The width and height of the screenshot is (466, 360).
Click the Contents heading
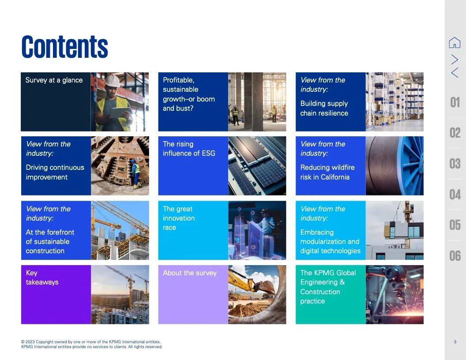pyautogui.click(x=65, y=47)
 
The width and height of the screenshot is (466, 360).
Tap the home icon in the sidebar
pyautogui.click(x=455, y=42)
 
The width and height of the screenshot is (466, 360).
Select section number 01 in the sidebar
pyautogui.click(x=455, y=102)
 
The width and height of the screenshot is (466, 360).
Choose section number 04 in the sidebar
pyautogui.click(x=455, y=195)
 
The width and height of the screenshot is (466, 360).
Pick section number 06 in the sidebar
pyautogui.click(x=455, y=256)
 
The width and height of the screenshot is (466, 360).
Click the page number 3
pyautogui.click(x=455, y=342)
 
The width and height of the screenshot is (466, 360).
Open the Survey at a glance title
pyautogui.click(x=54, y=80)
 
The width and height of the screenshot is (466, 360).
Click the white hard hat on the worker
pyautogui.click(x=113, y=80)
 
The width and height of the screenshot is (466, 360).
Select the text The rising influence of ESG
pyautogui.click(x=189, y=149)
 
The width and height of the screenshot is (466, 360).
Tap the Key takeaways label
pyautogui.click(x=42, y=277)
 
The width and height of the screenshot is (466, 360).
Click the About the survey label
pyautogui.click(x=190, y=273)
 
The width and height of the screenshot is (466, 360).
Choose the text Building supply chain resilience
pyautogui.click(x=324, y=108)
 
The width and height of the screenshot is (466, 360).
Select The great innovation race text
pyautogui.click(x=179, y=218)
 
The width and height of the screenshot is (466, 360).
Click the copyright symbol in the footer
pyautogui.click(x=23, y=342)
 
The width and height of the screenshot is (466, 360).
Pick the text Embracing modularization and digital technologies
pyautogui.click(x=330, y=241)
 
